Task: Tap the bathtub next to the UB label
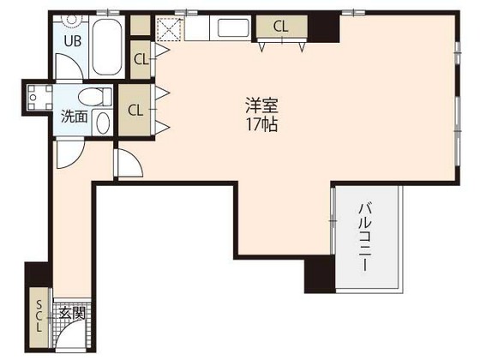pyautogui.click(x=107, y=48)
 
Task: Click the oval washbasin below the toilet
pyautogui.click(x=103, y=122)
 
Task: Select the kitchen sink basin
pyautogui.click(x=233, y=28)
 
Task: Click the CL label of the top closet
pyautogui.click(x=280, y=27)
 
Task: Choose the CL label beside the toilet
pyautogui.click(x=135, y=110)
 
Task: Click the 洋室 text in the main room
pyautogui.click(x=262, y=106)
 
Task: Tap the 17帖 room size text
pyautogui.click(x=262, y=124)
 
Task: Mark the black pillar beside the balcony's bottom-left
pyautogui.click(x=318, y=275)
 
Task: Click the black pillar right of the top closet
pyautogui.click(x=324, y=27)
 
